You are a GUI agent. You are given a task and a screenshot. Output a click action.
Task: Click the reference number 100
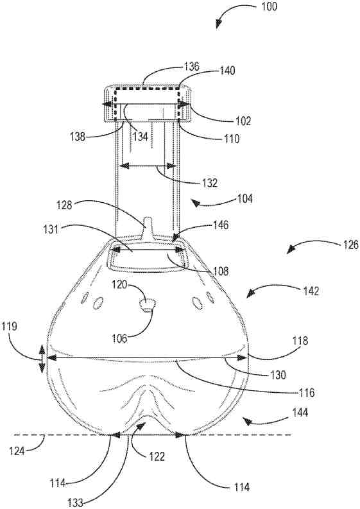(x=269, y=7)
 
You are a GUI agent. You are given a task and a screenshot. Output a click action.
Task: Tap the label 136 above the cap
(x=191, y=67)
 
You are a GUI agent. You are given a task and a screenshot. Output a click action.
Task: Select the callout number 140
(x=227, y=71)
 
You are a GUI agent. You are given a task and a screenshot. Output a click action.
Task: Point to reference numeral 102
(x=243, y=121)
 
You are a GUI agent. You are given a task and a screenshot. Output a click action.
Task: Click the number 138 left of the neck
(x=78, y=136)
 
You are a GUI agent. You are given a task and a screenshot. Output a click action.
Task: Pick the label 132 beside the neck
(x=209, y=183)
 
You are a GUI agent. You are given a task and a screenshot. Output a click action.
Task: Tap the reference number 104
(x=244, y=198)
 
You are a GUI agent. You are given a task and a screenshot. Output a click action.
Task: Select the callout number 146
(x=221, y=225)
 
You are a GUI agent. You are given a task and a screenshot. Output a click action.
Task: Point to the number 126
(x=350, y=245)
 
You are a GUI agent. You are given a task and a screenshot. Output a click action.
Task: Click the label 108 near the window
(x=220, y=271)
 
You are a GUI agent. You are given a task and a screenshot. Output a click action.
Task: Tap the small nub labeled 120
(x=148, y=305)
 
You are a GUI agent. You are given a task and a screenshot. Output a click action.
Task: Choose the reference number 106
(x=120, y=338)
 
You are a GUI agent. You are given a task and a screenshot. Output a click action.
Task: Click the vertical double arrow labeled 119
(x=42, y=359)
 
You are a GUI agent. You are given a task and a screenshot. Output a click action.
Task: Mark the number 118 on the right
(x=300, y=341)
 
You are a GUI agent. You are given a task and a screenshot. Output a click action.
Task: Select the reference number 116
(x=306, y=393)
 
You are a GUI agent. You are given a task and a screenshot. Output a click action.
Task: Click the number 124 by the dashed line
(x=17, y=451)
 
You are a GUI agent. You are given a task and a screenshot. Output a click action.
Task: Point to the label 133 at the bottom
(x=76, y=503)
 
